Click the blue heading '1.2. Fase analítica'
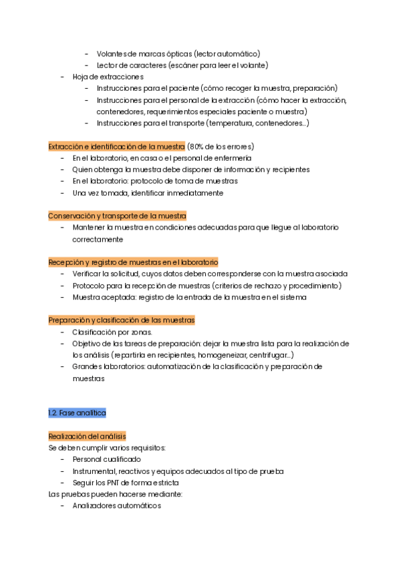[77, 413]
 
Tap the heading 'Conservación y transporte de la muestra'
[117, 216]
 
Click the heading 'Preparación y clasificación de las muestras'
[121, 320]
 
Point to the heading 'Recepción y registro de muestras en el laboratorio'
[133, 262]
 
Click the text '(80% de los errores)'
[221, 146]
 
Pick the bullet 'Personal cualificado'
[107, 459]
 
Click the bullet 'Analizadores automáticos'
[117, 506]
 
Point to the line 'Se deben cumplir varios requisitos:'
[107, 448]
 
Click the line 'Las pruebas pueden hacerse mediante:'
[116, 495]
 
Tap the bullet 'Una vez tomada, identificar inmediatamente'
[148, 193]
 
